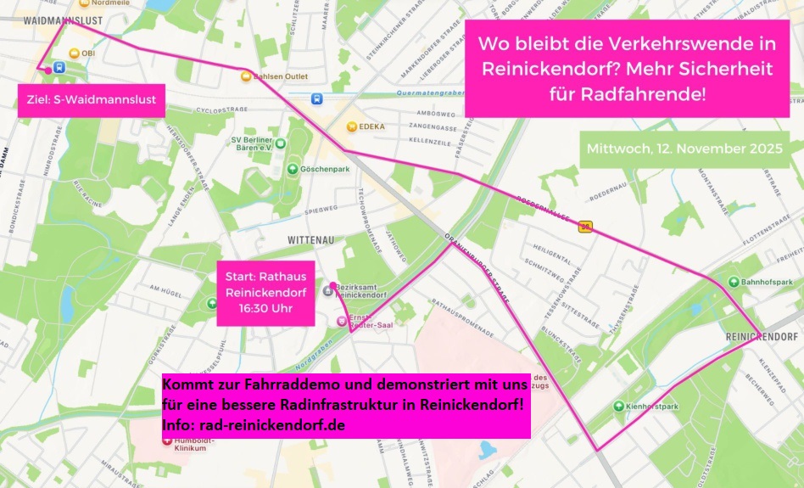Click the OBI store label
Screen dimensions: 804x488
click(87, 53)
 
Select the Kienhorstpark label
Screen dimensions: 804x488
click(656, 407)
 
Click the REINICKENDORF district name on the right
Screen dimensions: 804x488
click(762, 336)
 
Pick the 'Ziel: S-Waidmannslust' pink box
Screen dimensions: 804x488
click(92, 100)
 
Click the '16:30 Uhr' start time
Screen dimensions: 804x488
click(265, 307)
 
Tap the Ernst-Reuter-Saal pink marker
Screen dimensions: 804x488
click(342, 320)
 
